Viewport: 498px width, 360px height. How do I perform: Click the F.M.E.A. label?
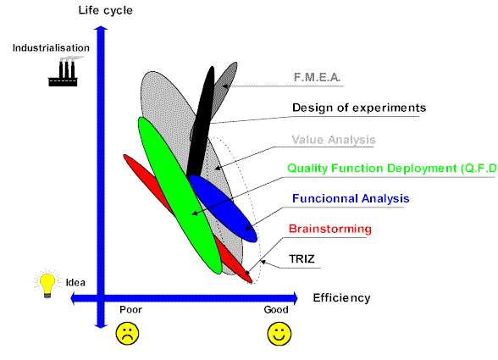click(x=317, y=77)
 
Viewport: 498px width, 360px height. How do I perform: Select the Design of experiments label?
click(x=359, y=108)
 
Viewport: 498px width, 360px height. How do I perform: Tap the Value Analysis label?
click(x=334, y=140)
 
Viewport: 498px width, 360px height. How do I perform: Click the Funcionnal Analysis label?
click(x=351, y=198)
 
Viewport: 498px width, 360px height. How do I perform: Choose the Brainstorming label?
click(x=330, y=229)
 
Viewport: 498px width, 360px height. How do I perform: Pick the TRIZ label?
click(x=302, y=259)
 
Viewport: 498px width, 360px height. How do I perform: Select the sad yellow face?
click(x=127, y=334)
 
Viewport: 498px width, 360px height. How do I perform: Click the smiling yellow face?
click(x=279, y=334)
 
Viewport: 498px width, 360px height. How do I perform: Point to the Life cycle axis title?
click(x=105, y=10)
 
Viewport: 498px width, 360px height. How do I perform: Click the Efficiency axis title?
click(x=342, y=298)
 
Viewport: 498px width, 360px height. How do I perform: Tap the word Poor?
click(x=130, y=309)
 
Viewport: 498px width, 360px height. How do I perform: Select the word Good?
click(x=276, y=309)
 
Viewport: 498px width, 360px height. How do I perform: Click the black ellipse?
click(x=201, y=122)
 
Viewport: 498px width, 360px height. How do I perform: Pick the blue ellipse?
click(x=223, y=208)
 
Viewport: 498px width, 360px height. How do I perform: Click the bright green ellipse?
click(x=180, y=196)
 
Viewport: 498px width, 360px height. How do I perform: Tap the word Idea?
click(x=75, y=282)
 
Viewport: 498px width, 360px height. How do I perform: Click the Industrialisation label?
click(x=51, y=48)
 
